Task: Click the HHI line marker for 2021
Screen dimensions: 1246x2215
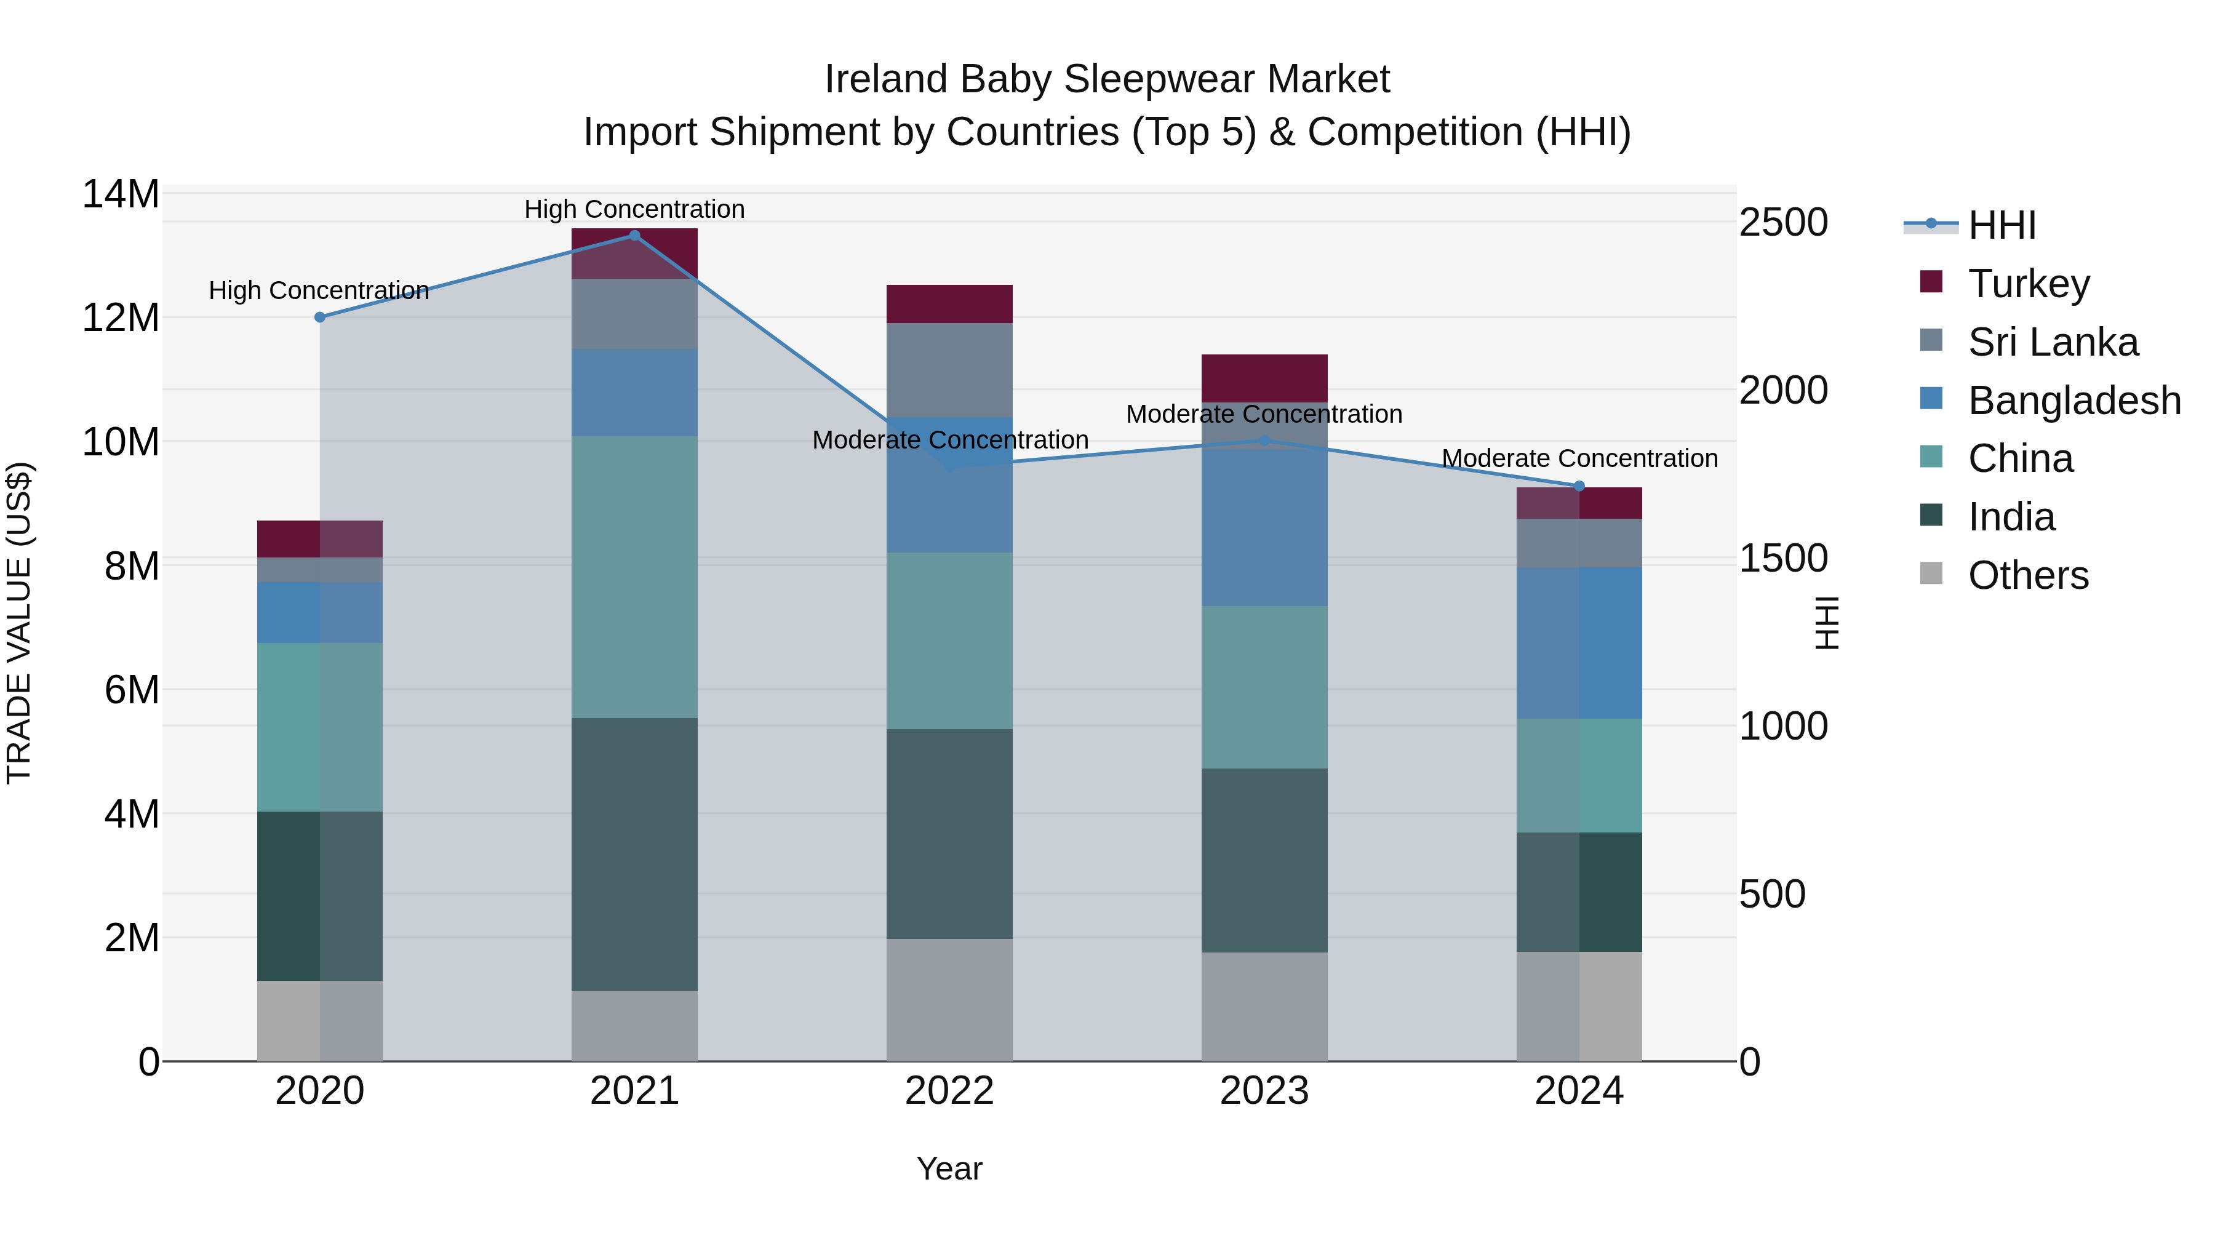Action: (634, 236)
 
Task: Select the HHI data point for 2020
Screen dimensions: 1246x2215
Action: (320, 317)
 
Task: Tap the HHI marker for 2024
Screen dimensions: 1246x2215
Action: (1579, 487)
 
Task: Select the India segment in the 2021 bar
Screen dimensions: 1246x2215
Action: (634, 854)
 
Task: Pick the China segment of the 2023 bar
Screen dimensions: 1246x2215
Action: (1264, 687)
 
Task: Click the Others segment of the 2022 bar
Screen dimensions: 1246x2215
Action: (949, 999)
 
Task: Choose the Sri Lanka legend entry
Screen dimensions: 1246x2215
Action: (2053, 342)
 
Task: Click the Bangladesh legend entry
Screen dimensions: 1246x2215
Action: (2074, 401)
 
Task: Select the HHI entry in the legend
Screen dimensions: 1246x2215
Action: (2001, 225)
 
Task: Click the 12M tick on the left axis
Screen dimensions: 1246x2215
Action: (121, 318)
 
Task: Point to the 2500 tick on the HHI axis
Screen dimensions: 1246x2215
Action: (1783, 223)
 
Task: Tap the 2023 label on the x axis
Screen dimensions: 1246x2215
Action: (1264, 1091)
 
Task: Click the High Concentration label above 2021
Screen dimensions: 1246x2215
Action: (634, 209)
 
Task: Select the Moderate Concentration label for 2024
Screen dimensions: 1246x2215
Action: (1579, 458)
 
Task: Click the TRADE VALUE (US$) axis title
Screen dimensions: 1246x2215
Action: (19, 623)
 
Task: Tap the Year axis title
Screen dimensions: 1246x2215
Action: (949, 1168)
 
